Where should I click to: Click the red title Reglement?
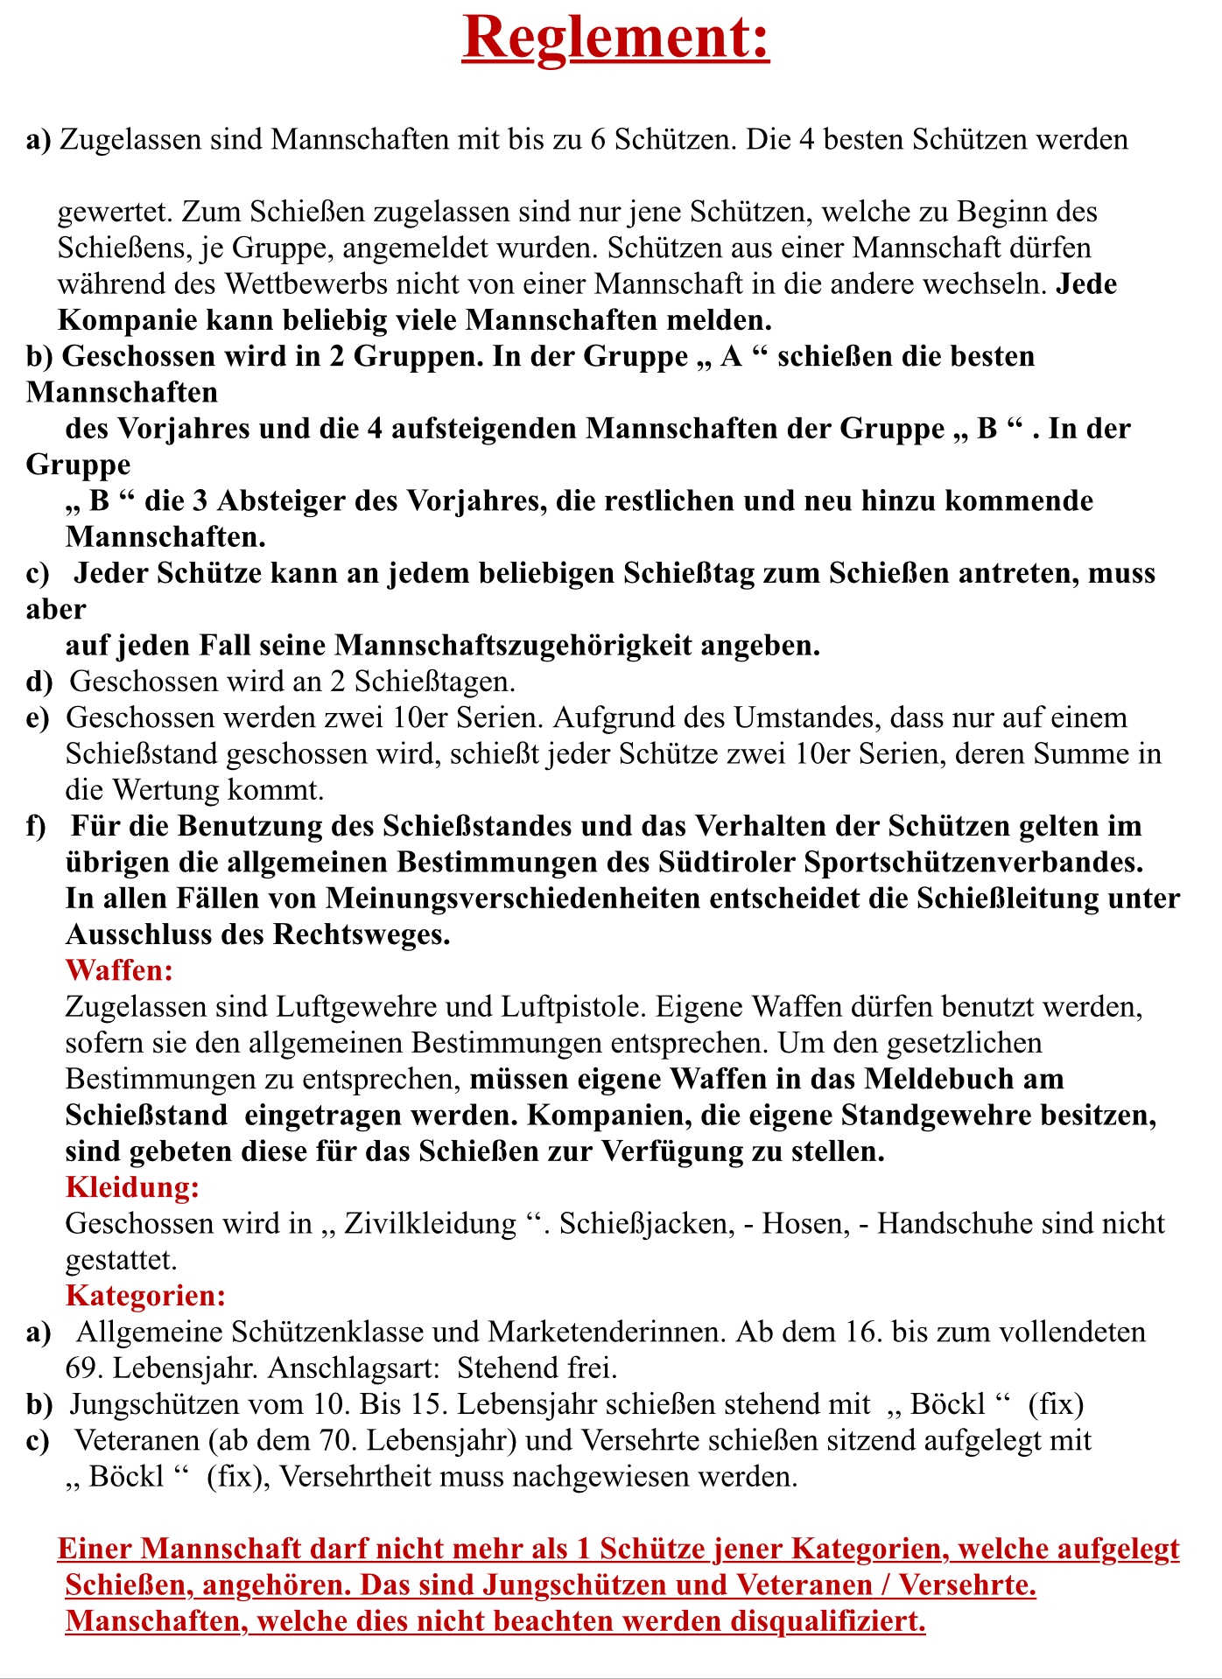[615, 37]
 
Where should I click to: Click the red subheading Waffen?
[119, 970]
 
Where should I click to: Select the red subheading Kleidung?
[132, 1187]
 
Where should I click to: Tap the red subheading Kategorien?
[146, 1295]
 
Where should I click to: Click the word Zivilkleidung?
[431, 1223]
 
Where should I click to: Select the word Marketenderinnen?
[607, 1332]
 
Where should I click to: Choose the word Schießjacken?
[646, 1223]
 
